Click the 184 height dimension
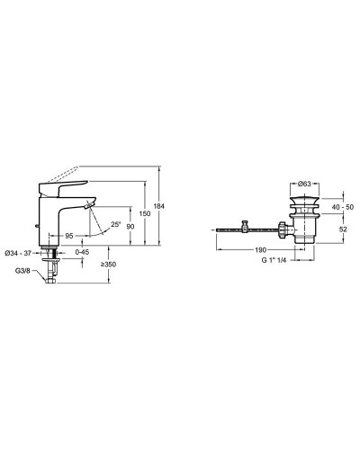159,206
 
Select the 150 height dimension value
145,213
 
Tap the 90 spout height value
130,227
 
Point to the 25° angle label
116,224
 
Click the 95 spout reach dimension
69,236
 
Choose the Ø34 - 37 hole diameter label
18,253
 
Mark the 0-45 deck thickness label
82,252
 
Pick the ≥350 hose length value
108,265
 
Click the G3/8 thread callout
22,271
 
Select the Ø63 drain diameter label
304,184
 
